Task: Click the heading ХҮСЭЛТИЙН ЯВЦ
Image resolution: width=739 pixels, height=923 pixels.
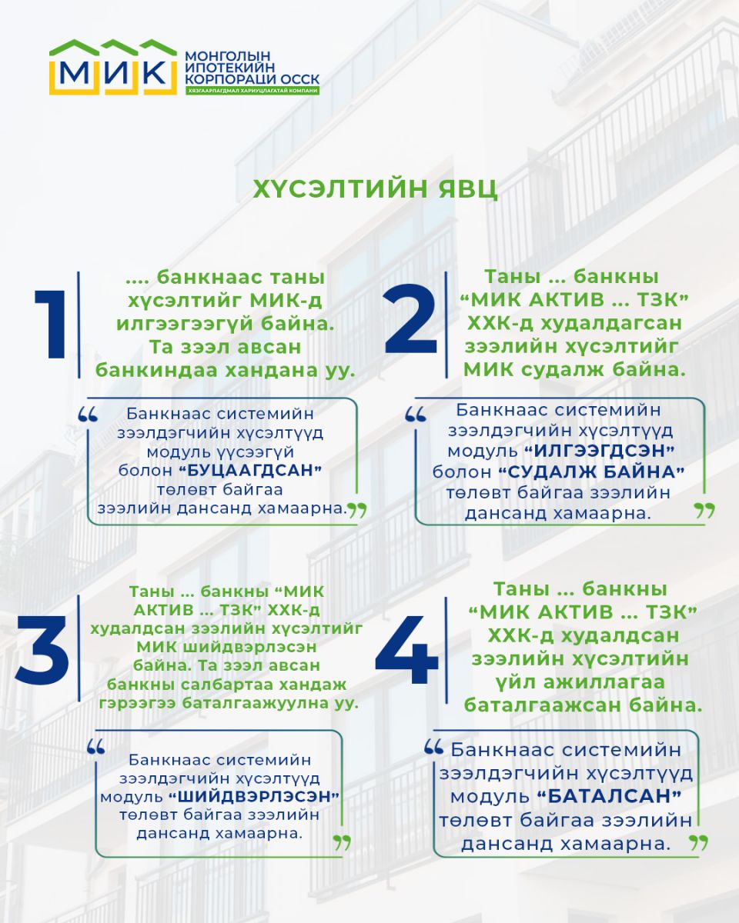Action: [375, 189]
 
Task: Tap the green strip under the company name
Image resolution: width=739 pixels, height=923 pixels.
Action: [252, 91]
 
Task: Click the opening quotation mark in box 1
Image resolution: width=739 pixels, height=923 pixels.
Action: [89, 415]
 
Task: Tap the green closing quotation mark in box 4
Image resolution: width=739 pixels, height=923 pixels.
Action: [698, 841]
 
